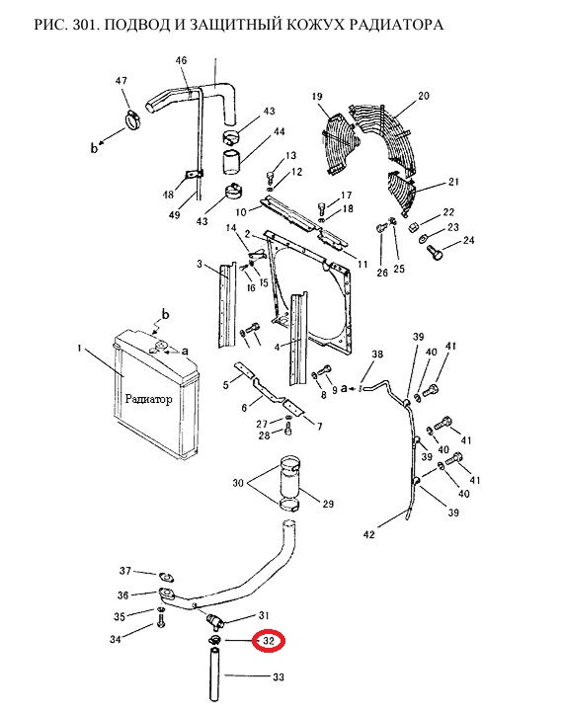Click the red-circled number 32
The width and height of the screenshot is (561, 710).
coord(269,641)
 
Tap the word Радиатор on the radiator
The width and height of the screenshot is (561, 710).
coord(148,399)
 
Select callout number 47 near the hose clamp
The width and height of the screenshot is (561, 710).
coord(120,81)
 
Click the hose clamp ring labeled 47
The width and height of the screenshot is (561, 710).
coord(132,120)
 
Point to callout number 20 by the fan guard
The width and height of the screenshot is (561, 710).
coord(424,96)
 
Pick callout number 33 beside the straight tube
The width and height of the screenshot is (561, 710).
coord(279,676)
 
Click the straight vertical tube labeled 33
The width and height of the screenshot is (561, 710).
coord(214,675)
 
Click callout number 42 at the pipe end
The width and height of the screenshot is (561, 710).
coord(369,534)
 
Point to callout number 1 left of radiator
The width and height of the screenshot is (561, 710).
coord(80,349)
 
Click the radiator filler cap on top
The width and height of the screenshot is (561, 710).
coord(160,348)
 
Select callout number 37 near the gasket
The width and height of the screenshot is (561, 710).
coord(125,571)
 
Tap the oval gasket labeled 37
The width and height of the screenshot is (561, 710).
coord(166,578)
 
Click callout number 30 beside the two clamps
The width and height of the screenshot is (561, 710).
coord(238,483)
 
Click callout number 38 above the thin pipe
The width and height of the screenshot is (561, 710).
coord(377,355)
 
